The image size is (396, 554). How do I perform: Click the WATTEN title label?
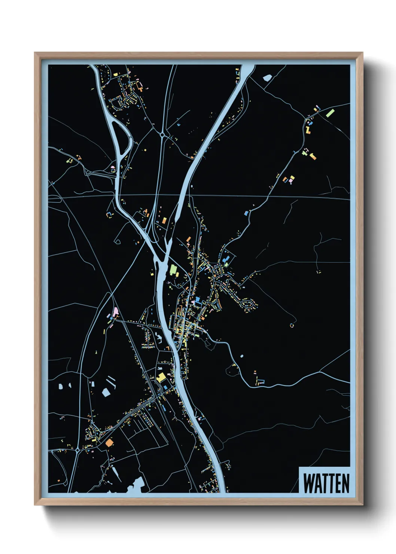tap(325, 483)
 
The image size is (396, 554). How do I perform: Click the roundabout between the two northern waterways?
tap(162, 134)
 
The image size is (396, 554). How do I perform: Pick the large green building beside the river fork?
tap(173, 270)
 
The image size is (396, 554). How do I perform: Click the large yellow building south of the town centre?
tap(161, 377)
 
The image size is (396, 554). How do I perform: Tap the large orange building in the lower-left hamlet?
tap(109, 443)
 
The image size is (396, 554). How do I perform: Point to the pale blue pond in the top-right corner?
tap(266, 78)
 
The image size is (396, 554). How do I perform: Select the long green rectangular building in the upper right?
tap(330, 113)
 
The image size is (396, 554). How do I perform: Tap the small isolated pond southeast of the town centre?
tap(241, 356)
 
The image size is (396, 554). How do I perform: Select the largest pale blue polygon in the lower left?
tap(106, 392)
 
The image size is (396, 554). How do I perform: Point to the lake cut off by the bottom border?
tap(135, 485)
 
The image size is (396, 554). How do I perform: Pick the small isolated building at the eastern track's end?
tap(292, 325)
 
